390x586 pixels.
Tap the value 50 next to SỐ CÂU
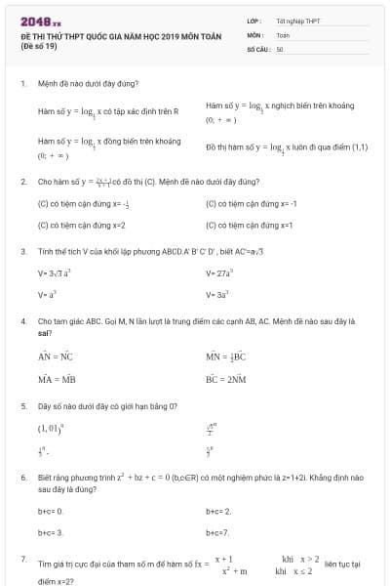pyautogui.click(x=280, y=48)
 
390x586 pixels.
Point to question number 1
pyautogui.click(x=22, y=85)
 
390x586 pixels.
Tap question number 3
pyautogui.click(x=22, y=251)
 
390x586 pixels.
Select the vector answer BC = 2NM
pyautogui.click(x=225, y=377)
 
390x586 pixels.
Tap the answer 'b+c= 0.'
pyautogui.click(x=50, y=510)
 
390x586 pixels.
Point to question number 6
pyautogui.click(x=22, y=477)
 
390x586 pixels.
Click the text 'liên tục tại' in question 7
pyautogui.click(x=342, y=564)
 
